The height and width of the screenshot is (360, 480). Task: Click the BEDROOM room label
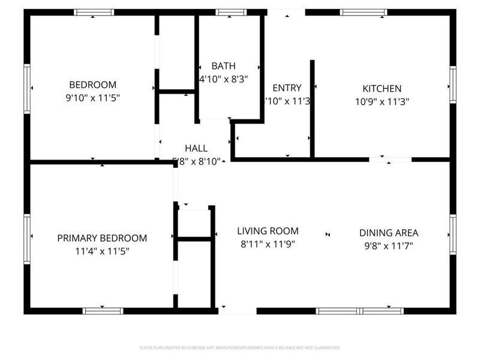(x=92, y=85)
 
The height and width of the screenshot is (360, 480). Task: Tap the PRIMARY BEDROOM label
(x=102, y=238)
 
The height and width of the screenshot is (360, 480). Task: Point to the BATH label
(x=223, y=66)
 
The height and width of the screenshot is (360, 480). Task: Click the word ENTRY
(x=287, y=88)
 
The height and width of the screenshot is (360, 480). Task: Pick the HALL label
(x=196, y=148)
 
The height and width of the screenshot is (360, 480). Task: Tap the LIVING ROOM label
(x=268, y=231)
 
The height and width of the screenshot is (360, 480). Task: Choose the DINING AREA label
(x=388, y=233)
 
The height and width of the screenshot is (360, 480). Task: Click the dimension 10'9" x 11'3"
(x=382, y=101)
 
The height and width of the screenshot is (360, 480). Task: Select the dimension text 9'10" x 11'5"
(x=92, y=98)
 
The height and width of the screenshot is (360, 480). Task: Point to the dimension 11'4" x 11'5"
(x=102, y=251)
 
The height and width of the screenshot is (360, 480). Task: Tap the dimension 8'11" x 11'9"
(x=268, y=244)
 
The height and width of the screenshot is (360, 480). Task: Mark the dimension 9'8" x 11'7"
(x=388, y=245)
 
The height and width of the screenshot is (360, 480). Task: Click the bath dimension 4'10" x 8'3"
(x=223, y=79)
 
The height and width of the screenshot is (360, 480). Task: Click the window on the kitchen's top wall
(x=363, y=12)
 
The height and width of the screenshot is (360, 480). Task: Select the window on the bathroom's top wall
(x=230, y=12)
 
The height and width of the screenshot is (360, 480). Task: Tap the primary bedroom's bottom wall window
(x=103, y=311)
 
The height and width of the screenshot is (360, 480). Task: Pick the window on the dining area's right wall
(x=452, y=235)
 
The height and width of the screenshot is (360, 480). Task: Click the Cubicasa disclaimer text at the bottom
(x=240, y=348)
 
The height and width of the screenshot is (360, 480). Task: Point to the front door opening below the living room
(x=237, y=311)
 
